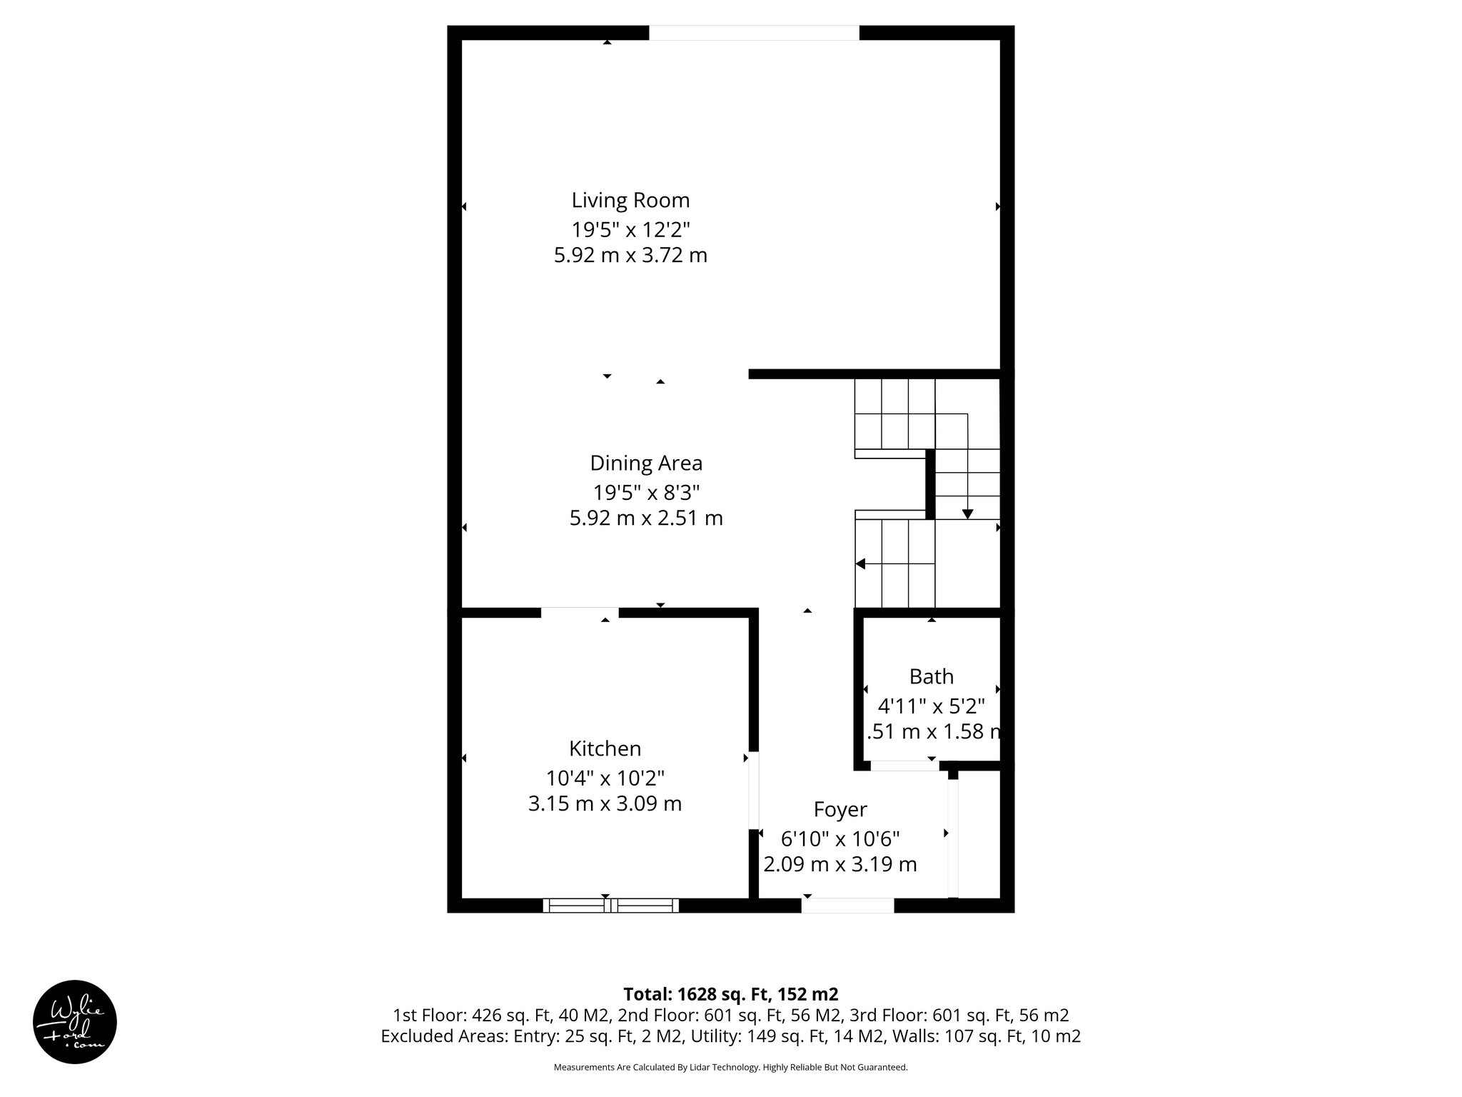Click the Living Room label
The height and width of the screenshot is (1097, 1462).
tap(630, 200)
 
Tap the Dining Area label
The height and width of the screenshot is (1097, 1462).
tap(646, 464)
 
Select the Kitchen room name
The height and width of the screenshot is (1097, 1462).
tap(605, 748)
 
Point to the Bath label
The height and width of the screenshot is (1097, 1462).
tap(931, 676)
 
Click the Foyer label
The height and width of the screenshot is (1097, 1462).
tap(840, 809)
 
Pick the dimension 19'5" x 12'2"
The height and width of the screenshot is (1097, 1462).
tap(630, 229)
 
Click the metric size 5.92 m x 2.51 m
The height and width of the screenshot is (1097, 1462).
tap(646, 518)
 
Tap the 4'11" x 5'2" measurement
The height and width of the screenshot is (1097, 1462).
tap(931, 706)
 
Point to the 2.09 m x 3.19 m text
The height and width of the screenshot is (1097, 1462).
tap(840, 864)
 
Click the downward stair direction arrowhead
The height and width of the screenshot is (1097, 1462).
tap(967, 514)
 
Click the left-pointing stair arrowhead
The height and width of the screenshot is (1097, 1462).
tap(861, 563)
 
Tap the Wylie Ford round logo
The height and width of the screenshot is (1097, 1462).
tap(74, 1022)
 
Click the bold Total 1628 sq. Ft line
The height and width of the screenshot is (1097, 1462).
tap(730, 994)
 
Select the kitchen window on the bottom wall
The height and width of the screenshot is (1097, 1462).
tap(610, 906)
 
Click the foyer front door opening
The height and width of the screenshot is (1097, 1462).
tap(847, 906)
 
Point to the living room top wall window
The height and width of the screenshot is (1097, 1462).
tap(754, 33)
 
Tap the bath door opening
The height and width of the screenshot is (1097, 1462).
tap(904, 766)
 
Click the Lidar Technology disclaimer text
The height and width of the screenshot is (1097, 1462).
tap(730, 1067)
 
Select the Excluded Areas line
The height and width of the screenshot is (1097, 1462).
tap(730, 1036)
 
